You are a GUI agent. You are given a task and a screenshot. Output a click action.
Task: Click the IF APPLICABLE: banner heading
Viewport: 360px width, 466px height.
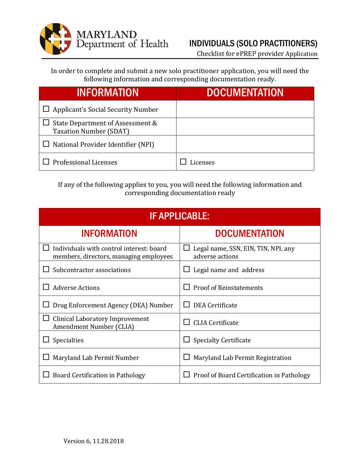click(180, 217)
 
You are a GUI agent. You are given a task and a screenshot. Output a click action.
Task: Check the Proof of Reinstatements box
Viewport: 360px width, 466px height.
click(186, 288)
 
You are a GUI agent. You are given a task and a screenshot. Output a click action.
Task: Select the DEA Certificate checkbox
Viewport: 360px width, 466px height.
click(186, 305)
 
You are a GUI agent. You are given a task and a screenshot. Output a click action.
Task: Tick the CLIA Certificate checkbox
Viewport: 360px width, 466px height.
click(186, 323)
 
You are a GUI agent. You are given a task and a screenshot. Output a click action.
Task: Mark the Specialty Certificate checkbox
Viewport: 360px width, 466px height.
click(186, 340)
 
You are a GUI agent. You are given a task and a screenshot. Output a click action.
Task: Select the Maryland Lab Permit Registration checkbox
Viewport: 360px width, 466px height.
click(186, 358)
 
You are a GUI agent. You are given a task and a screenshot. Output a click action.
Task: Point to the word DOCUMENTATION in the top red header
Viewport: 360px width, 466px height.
click(245, 93)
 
